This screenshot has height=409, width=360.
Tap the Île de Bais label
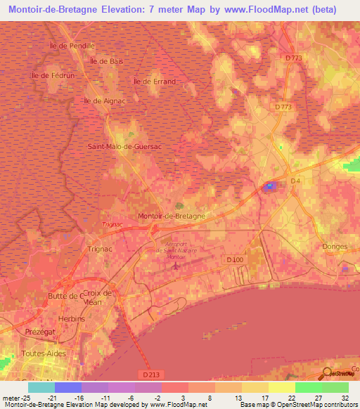coord(107,61)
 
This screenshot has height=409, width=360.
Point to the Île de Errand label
coord(153,81)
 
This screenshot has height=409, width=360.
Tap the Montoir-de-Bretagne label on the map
coord(172,216)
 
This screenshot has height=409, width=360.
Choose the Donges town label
coord(335,247)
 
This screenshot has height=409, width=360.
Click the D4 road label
coord(295,181)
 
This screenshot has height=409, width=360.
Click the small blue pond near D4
coord(270,186)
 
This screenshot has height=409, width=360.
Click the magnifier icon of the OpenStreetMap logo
coord(327,372)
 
